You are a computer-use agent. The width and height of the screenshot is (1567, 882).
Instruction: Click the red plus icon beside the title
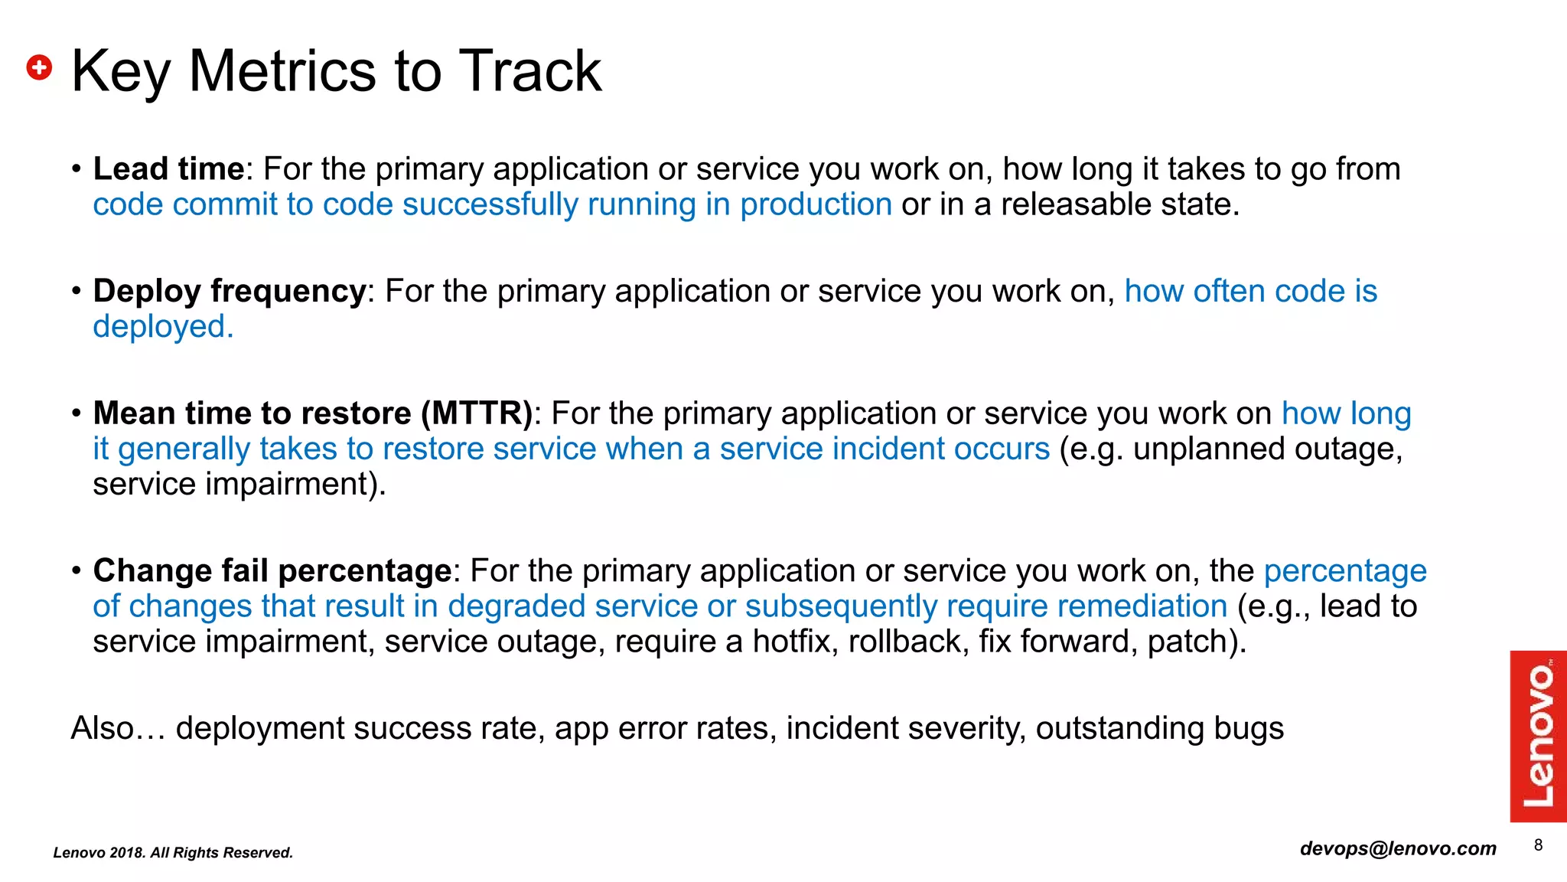39,67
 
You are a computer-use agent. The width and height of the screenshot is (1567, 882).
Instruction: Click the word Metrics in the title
282,71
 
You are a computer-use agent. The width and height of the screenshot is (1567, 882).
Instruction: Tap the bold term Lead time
168,169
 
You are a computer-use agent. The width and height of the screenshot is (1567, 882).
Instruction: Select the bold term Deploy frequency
230,292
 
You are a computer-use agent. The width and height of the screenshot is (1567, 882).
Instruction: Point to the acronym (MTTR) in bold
477,413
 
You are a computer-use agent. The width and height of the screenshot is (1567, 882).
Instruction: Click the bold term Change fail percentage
272,571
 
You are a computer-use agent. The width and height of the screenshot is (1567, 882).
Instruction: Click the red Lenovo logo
1538,736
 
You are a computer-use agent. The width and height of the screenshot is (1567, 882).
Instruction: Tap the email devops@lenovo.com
1398,848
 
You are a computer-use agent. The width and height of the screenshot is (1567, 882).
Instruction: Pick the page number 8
1538,845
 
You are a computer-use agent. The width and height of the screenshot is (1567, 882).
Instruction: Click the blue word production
816,205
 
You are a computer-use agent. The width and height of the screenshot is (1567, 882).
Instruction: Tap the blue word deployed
163,327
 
